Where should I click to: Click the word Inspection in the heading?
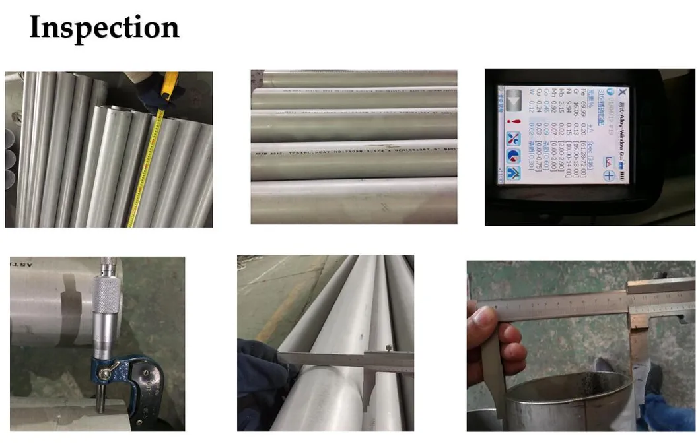pyautogui.click(x=104, y=28)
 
